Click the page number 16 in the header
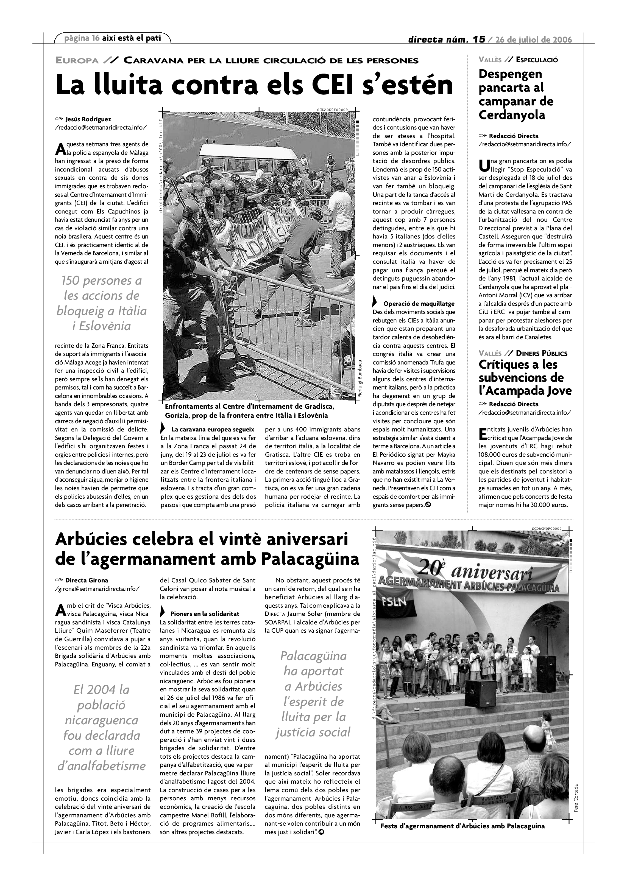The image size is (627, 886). tap(96, 38)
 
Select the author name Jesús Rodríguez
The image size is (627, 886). tap(88, 119)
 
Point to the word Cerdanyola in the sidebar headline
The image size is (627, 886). tap(512, 115)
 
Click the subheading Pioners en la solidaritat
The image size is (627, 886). tap(205, 613)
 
